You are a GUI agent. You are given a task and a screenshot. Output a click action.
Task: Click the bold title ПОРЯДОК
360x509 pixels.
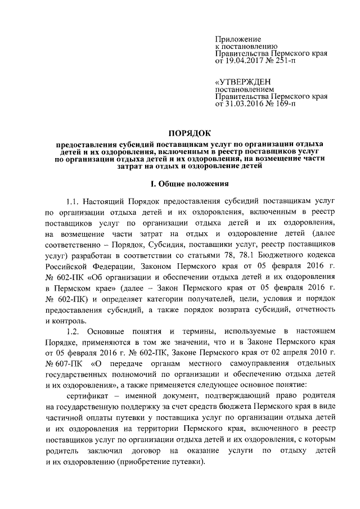click(x=191, y=133)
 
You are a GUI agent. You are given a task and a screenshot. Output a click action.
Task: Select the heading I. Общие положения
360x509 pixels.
click(x=191, y=183)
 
